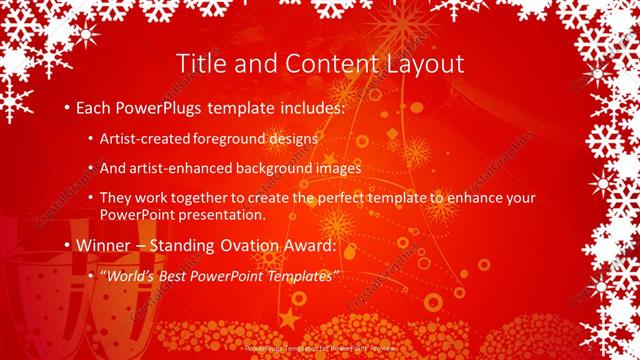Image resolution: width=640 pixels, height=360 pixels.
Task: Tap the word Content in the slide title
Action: tap(323, 63)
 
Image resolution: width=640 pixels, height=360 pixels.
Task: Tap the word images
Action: tap(340, 169)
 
